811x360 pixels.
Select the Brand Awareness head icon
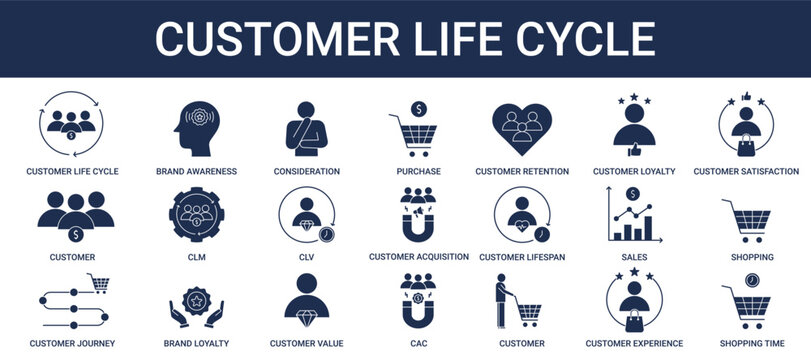[x=196, y=127]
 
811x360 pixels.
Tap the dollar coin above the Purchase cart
[x=418, y=108]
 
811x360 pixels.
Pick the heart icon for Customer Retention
[x=522, y=127]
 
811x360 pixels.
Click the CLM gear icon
[x=196, y=213]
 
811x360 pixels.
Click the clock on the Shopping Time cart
[x=751, y=279]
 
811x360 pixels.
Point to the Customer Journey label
[x=72, y=343]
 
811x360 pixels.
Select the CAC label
[x=418, y=343]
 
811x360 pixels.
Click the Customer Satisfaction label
[x=746, y=171]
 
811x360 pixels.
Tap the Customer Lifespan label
[x=522, y=257]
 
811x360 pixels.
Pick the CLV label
[x=306, y=257]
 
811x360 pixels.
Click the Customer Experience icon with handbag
[x=634, y=302]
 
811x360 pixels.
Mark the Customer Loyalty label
[x=634, y=171]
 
